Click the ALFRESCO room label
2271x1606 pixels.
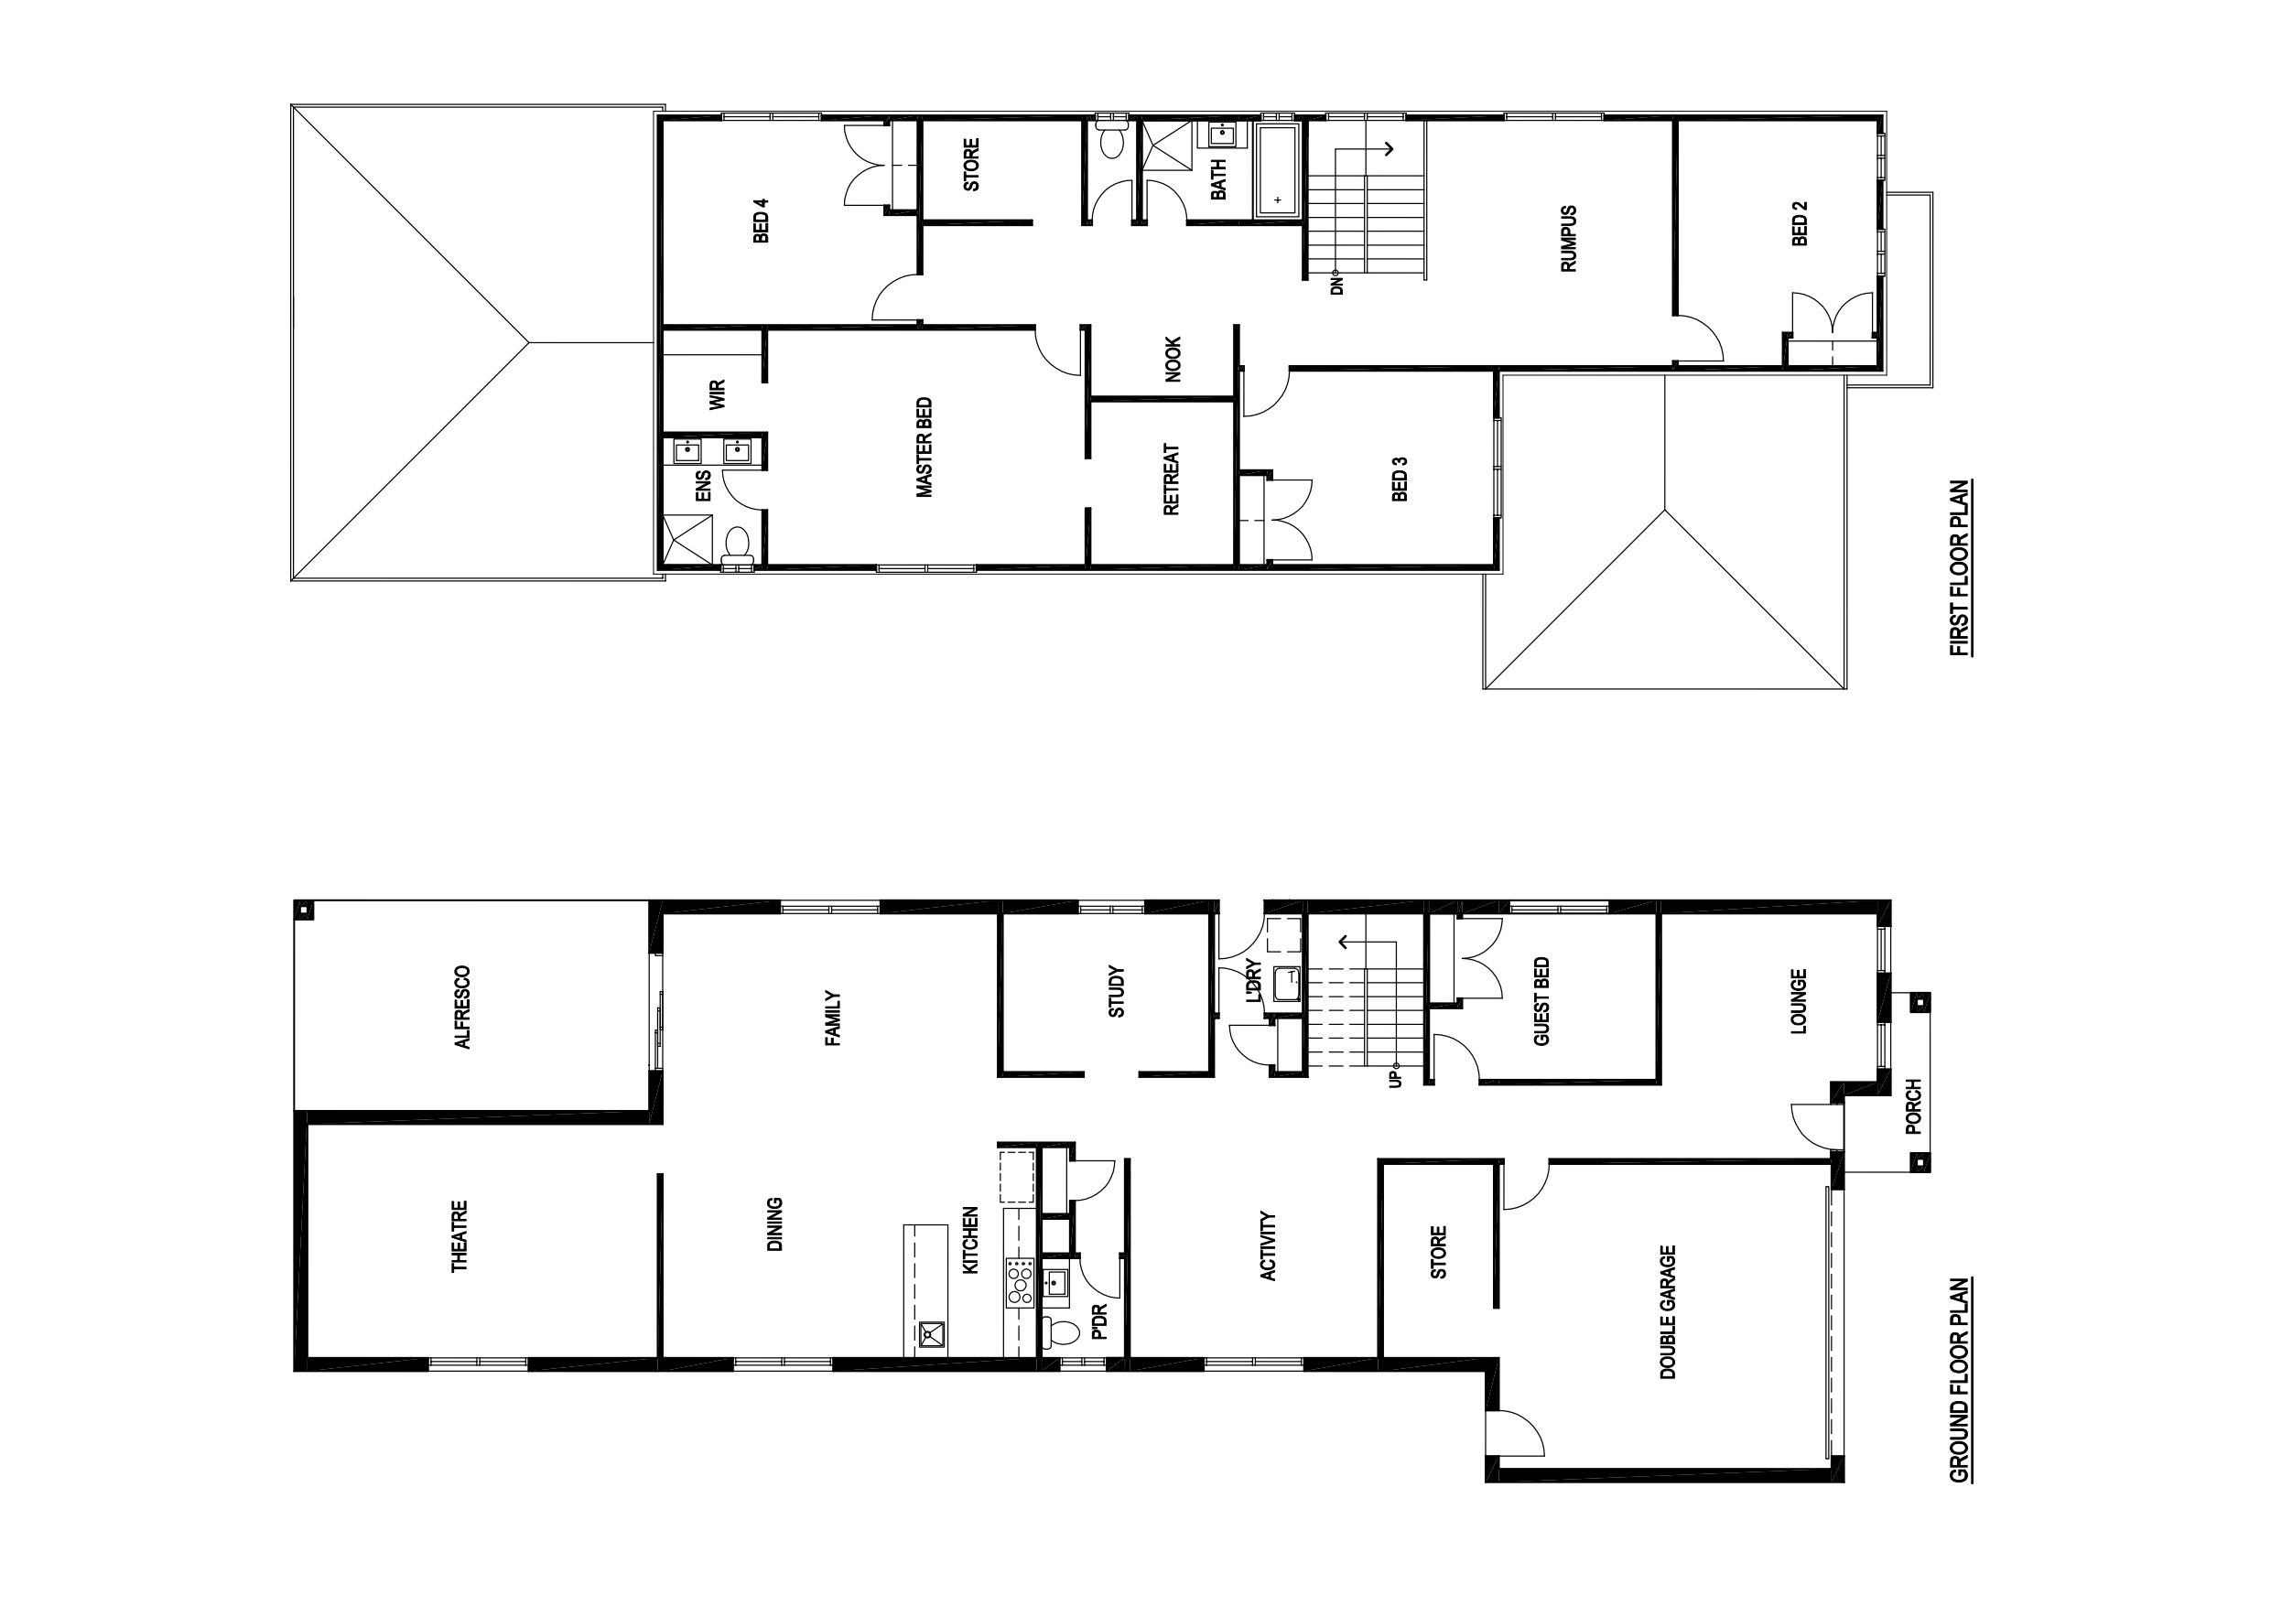click(461, 1007)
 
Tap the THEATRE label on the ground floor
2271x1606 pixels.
click(460, 1236)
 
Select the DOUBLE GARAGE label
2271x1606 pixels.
click(1668, 1312)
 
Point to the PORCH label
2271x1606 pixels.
click(1913, 1107)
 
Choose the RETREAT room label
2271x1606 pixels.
click(1172, 480)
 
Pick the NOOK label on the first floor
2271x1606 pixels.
click(1173, 360)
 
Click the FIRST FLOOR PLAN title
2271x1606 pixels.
click(1959, 568)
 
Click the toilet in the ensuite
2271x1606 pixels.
click(737, 548)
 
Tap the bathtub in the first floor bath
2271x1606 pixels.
click(1279, 171)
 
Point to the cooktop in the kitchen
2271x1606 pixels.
click(1020, 1283)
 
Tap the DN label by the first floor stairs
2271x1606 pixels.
click(1336, 285)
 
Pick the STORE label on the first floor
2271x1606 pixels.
click(971, 164)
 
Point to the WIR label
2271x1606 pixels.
click(718, 394)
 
